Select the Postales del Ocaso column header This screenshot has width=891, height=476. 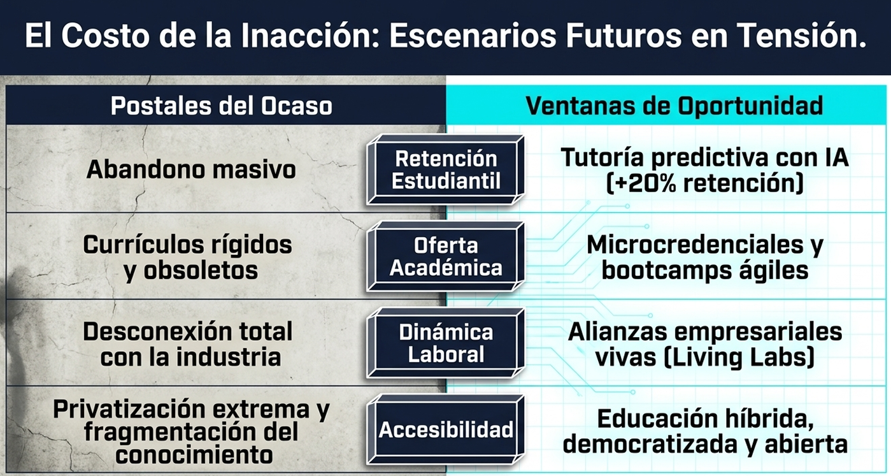click(x=221, y=106)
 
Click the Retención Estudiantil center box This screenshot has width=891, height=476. click(x=445, y=170)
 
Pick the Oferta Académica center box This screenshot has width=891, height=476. click(x=445, y=256)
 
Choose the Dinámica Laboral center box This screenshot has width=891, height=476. click(x=445, y=343)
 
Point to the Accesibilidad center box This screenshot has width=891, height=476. click(x=445, y=429)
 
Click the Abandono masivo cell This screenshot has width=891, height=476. click(x=191, y=169)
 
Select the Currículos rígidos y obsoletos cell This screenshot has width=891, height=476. click(x=189, y=257)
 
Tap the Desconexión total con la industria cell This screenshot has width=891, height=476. click(x=189, y=344)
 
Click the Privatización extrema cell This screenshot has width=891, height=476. click(x=191, y=409)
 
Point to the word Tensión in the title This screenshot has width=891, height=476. click(x=802, y=36)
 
